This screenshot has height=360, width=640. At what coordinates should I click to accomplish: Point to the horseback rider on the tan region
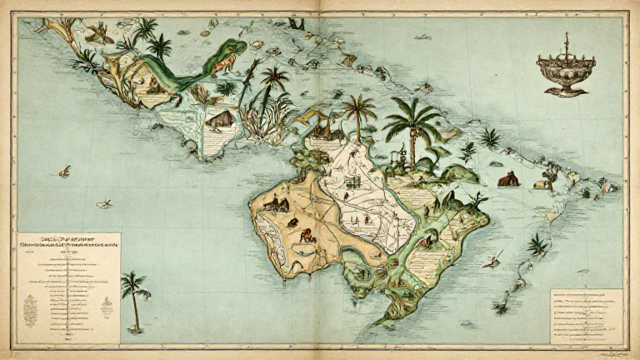pos(276,202)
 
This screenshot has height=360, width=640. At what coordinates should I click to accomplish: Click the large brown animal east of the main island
pos(507,178)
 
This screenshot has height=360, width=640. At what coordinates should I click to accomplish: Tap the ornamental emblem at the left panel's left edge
pos(30,308)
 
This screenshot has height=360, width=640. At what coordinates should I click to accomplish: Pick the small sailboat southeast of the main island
pos(492,261)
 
